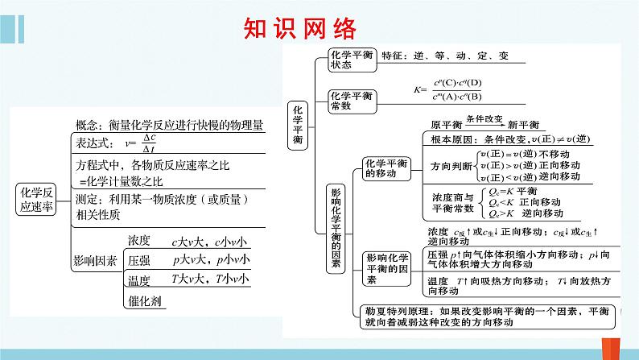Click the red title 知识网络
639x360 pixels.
[x=299, y=29]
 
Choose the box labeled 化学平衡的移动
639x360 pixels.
[x=385, y=168]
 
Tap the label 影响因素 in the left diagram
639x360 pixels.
[x=95, y=261]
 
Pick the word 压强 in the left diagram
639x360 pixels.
[x=139, y=260]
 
